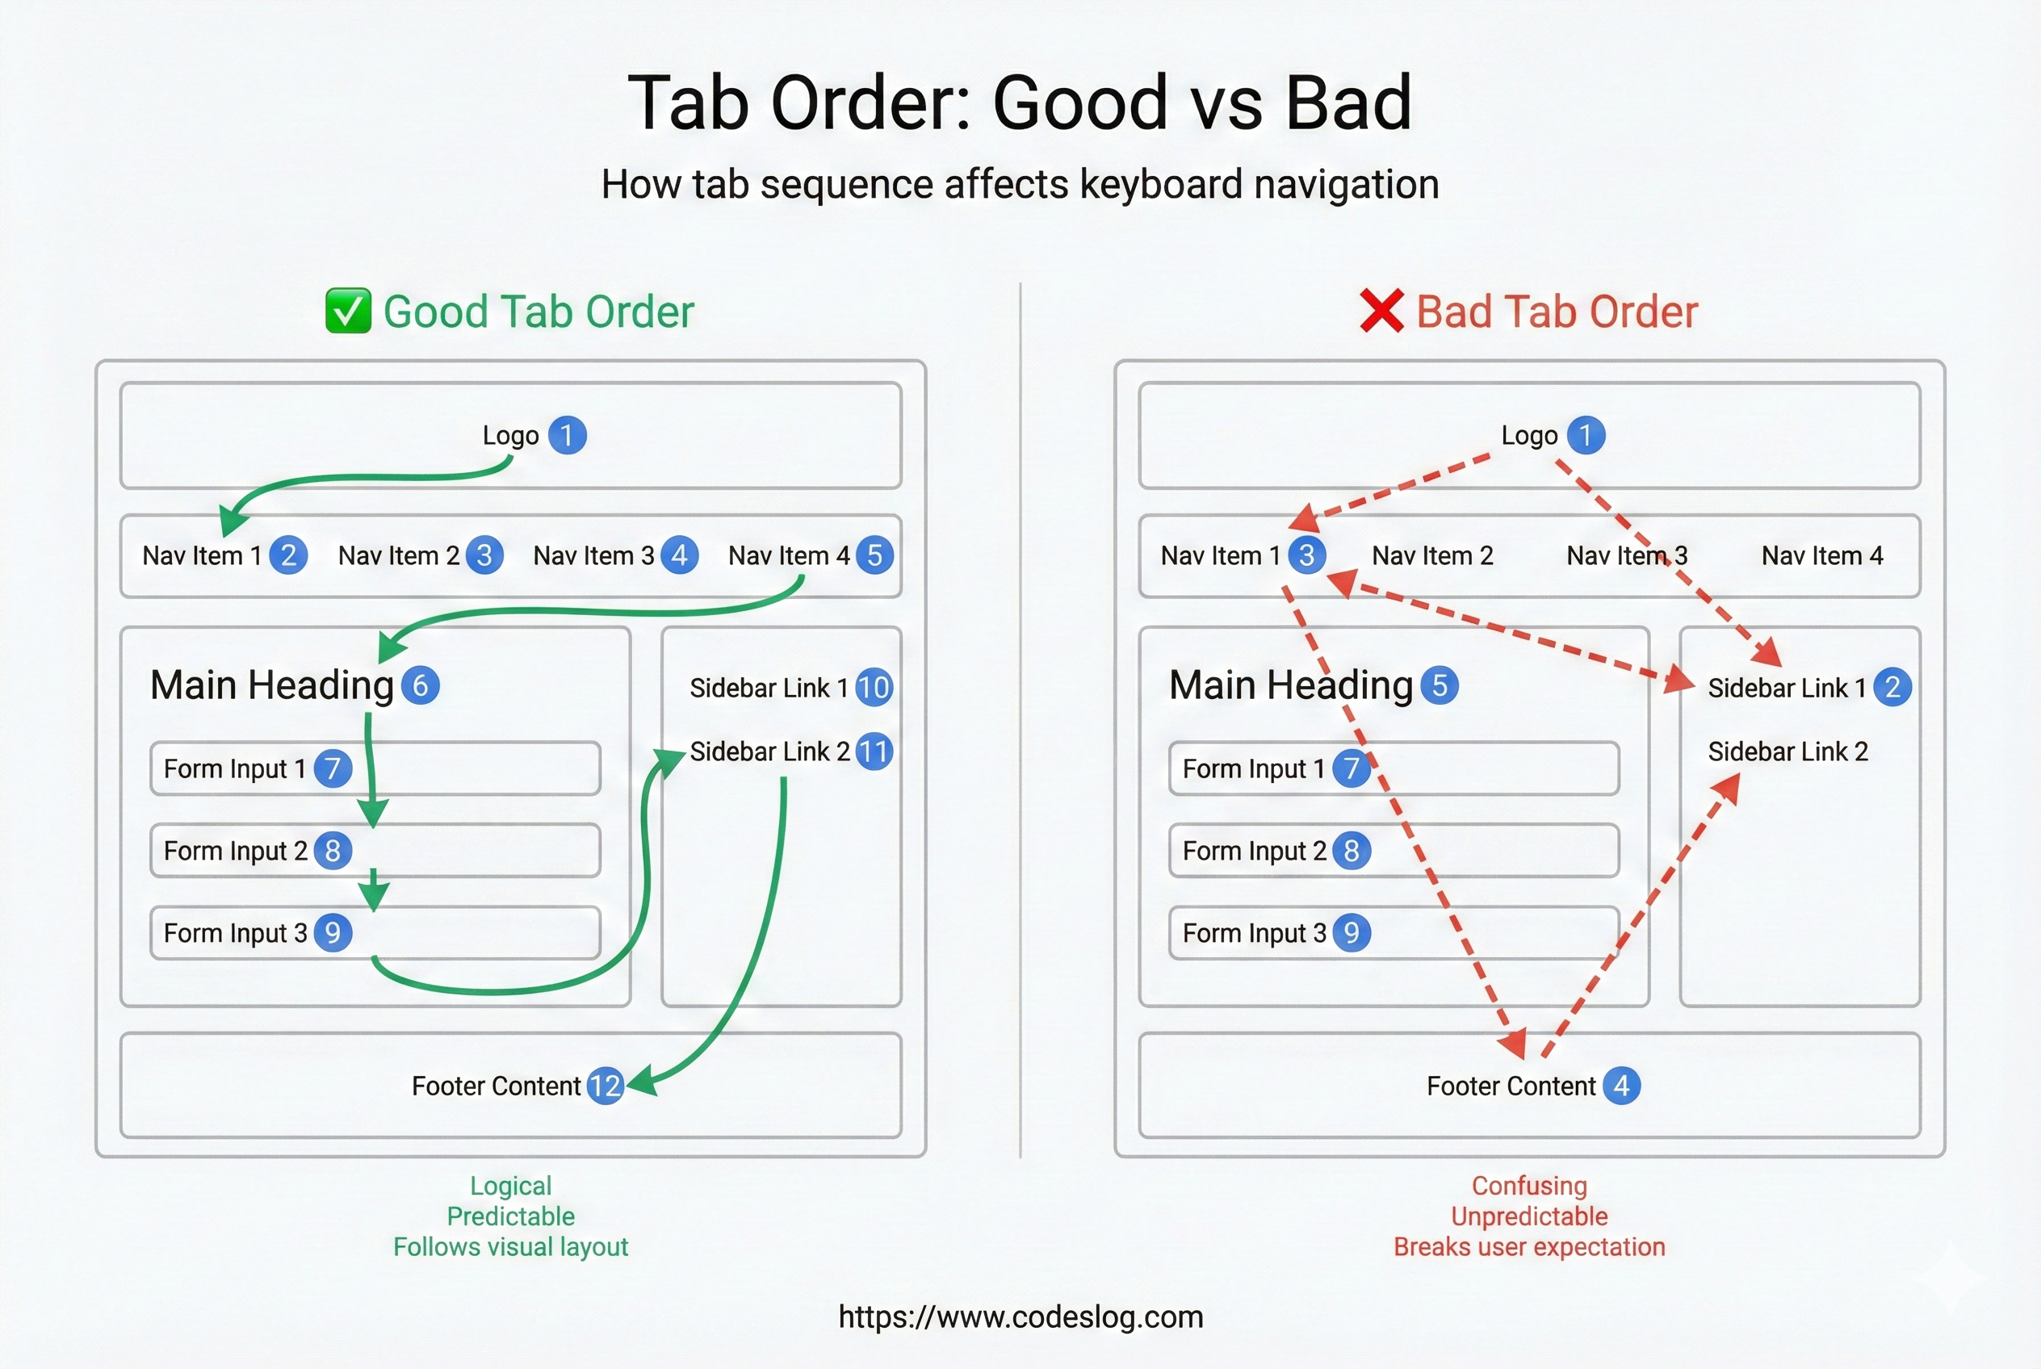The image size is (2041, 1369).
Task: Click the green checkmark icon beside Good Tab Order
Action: (348, 311)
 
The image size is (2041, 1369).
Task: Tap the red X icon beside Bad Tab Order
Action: (1381, 311)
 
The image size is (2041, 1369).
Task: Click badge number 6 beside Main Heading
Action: (420, 685)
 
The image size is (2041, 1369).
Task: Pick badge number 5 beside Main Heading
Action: (1440, 685)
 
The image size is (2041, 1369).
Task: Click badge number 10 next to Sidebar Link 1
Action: (874, 687)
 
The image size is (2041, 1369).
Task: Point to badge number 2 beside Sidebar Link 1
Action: (1892, 687)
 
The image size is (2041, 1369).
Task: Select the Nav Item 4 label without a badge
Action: (1821, 555)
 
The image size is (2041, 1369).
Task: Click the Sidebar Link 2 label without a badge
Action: (1787, 751)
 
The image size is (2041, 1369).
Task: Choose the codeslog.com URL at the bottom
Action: (1020, 1316)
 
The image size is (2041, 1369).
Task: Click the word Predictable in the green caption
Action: (511, 1216)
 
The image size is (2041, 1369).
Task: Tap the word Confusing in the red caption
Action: (1529, 1186)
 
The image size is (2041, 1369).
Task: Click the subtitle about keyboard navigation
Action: (1020, 184)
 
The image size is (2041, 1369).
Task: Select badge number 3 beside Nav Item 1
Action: (1306, 555)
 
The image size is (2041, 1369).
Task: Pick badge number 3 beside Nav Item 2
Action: (484, 555)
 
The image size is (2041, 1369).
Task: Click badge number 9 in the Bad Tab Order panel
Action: (1351, 932)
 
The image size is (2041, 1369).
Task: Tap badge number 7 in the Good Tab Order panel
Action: (333, 768)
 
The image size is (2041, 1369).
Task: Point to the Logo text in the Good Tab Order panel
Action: (511, 435)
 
